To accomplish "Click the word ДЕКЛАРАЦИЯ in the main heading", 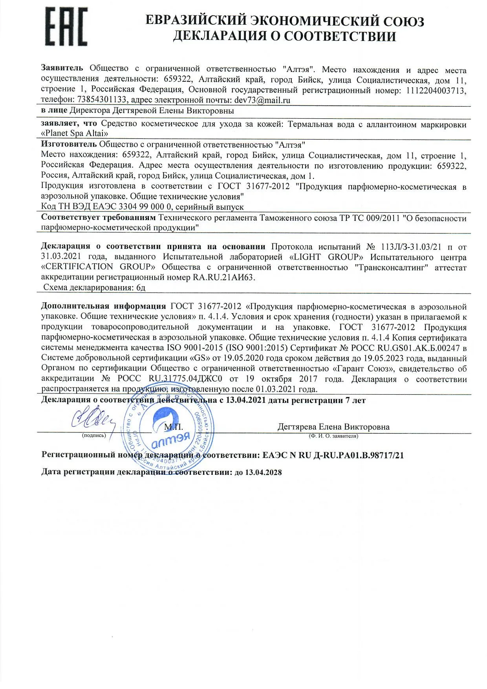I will click(x=220, y=36).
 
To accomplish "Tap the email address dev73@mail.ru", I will click(x=262, y=100).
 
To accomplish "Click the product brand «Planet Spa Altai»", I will click(x=75, y=133).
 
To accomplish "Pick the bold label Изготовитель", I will click(x=69, y=145).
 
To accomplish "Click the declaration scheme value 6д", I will click(x=141, y=288).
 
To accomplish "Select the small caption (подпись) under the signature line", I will click(x=94, y=435).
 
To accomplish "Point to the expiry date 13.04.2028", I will click(x=263, y=472).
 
